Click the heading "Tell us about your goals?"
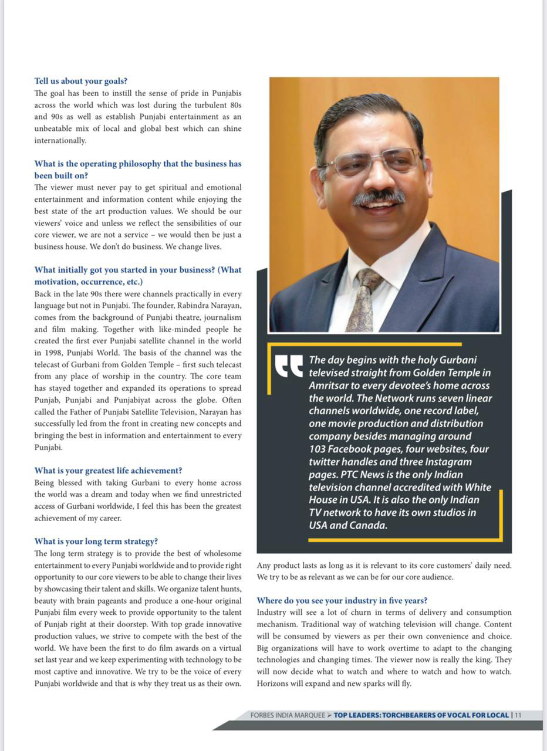point(80,81)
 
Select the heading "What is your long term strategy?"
point(96,541)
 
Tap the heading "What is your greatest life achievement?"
point(108,470)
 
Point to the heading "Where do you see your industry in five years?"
point(342,600)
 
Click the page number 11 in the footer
point(518,715)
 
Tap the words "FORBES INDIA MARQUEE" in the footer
point(288,715)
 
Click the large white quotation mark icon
point(289,366)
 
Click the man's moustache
point(379,196)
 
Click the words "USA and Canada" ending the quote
point(348,525)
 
